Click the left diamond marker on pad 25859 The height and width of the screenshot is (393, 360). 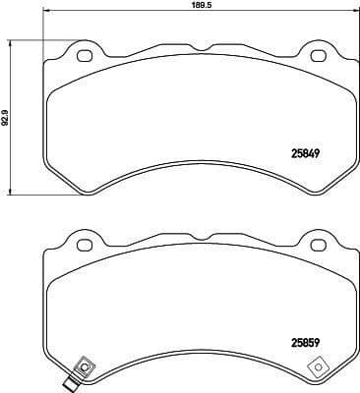click(x=84, y=368)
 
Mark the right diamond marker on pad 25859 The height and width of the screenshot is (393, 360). click(x=318, y=368)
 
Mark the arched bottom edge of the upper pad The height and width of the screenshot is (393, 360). click(x=201, y=172)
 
